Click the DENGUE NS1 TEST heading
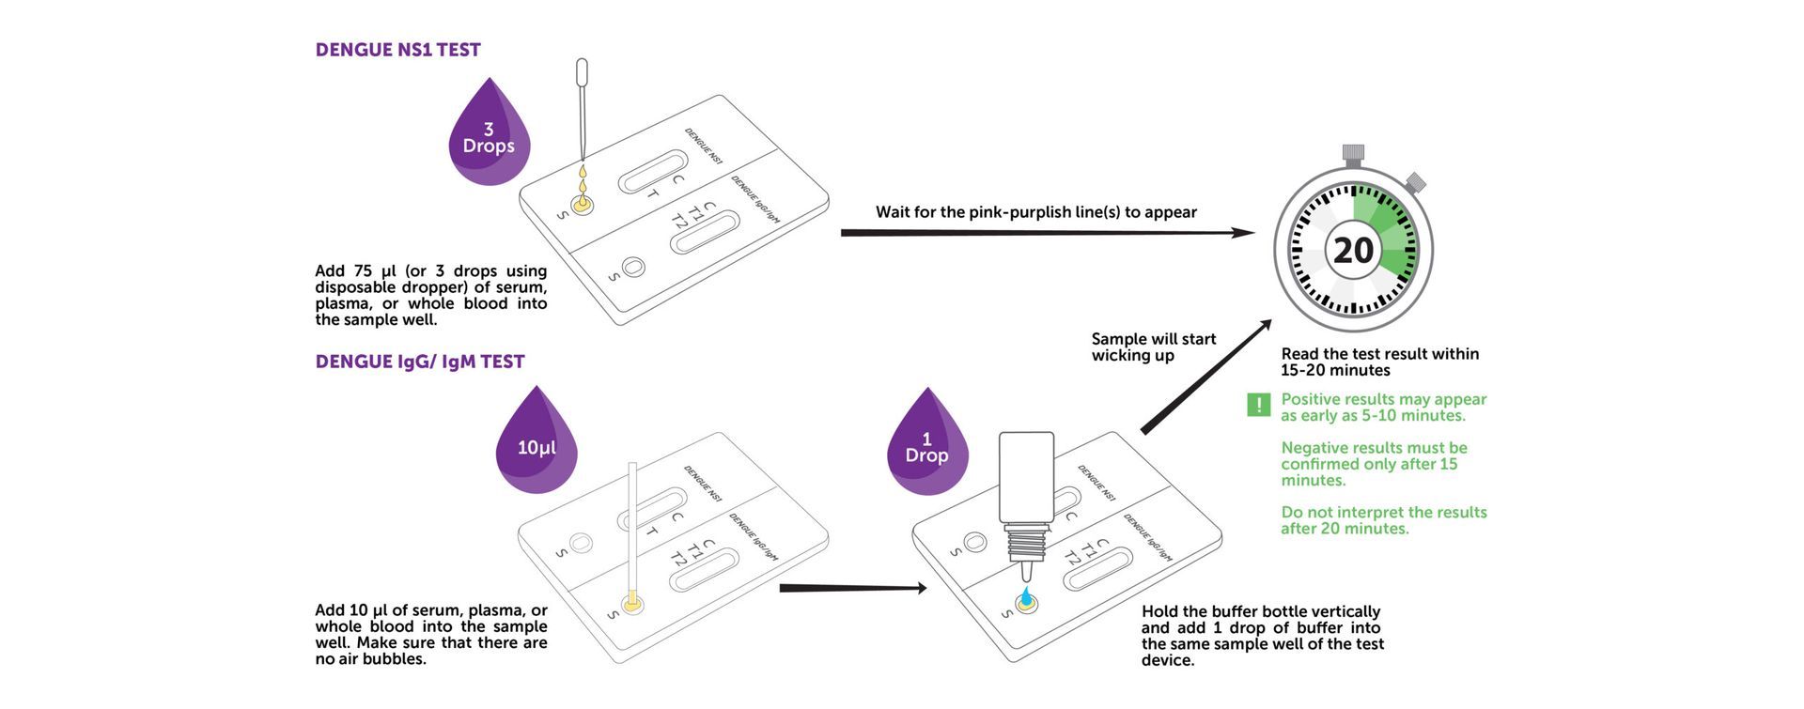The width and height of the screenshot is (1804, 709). pyautogui.click(x=397, y=50)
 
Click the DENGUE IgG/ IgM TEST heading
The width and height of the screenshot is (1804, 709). pyautogui.click(x=420, y=362)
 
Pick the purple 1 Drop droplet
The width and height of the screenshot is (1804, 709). pyautogui.click(x=927, y=443)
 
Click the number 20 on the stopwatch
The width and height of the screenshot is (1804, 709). pyautogui.click(x=1353, y=251)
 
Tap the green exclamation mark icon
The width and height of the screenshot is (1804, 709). pyautogui.click(x=1258, y=405)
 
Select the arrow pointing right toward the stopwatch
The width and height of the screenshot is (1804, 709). pyautogui.click(x=1048, y=232)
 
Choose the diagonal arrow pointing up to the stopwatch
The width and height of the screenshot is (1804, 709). pyautogui.click(x=1206, y=376)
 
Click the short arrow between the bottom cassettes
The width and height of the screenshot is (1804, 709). pyautogui.click(x=853, y=589)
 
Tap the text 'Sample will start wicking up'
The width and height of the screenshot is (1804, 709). pyautogui.click(x=1154, y=347)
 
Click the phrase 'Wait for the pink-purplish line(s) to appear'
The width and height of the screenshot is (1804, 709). pyautogui.click(x=1036, y=212)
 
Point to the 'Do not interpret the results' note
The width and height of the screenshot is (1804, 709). pyautogui.click(x=1384, y=520)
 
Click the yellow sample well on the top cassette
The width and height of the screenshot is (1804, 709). pyautogui.click(x=583, y=202)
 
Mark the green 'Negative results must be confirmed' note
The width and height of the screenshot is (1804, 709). pyautogui.click(x=1374, y=464)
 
